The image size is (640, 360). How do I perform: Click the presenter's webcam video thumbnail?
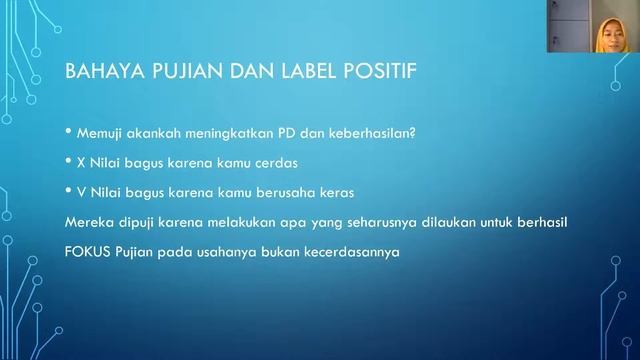pos(593,27)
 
